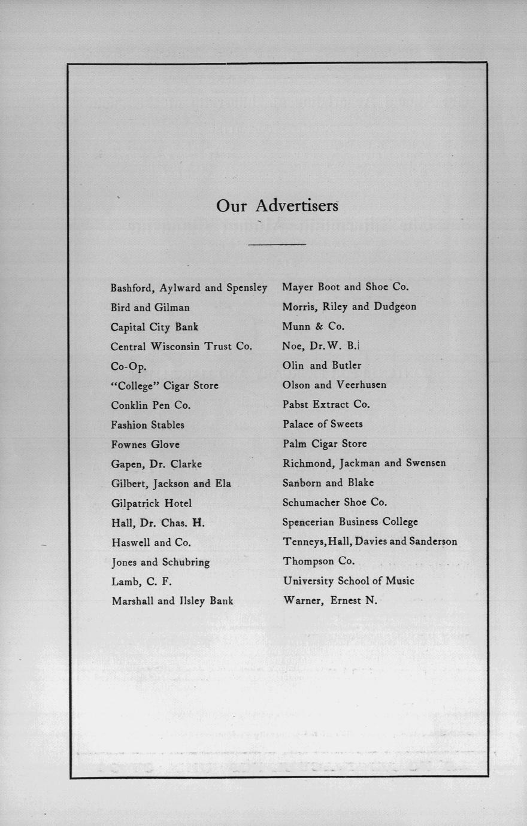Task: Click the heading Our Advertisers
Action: pos(277,206)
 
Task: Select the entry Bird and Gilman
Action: pos(150,308)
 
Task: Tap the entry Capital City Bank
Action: pos(154,327)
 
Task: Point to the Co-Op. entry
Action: pos(128,366)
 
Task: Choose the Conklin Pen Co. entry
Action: pos(150,405)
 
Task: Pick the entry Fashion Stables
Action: pos(147,425)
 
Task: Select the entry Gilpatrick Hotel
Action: pos(152,503)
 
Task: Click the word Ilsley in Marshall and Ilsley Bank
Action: pos(189,601)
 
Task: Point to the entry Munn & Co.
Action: pos(313,327)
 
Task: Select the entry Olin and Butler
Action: pos(322,366)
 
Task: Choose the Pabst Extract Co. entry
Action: pos(326,405)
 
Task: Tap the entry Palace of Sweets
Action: pos(322,424)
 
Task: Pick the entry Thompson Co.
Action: pos(319,561)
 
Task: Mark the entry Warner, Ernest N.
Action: pos(330,600)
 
